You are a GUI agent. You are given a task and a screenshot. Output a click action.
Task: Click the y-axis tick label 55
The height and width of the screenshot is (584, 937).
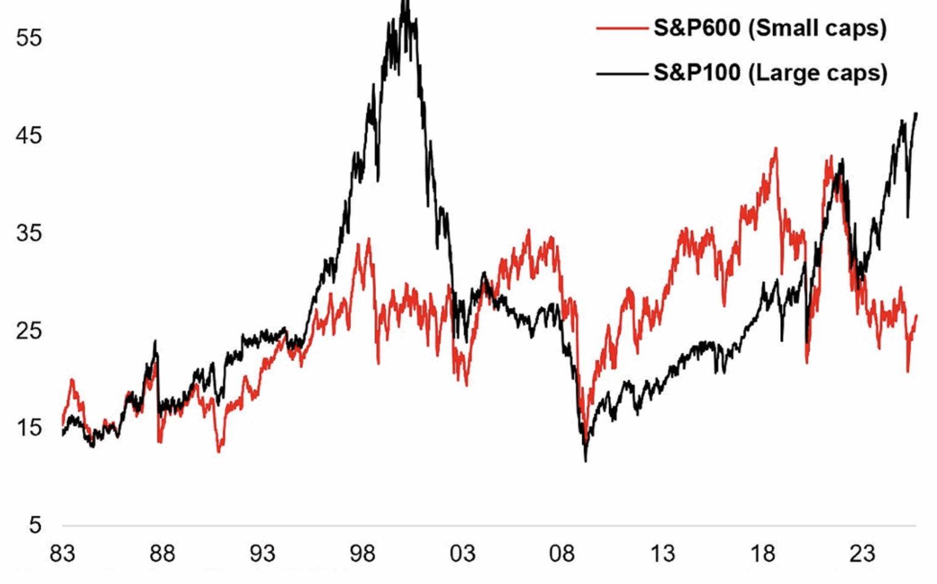(29, 38)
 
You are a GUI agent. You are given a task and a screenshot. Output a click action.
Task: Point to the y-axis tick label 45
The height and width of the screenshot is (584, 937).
(29, 135)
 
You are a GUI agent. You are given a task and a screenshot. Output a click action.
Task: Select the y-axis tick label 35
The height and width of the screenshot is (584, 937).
(29, 233)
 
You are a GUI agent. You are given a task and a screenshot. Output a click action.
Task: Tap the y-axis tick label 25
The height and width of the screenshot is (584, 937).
(29, 330)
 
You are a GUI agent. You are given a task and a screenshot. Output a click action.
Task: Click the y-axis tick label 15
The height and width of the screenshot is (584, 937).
(29, 428)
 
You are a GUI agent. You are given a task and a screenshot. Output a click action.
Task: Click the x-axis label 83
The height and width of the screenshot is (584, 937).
(62, 554)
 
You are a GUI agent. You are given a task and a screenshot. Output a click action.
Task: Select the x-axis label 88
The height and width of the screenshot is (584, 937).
(162, 554)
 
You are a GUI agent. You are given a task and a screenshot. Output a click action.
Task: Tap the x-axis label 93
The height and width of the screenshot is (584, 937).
(262, 554)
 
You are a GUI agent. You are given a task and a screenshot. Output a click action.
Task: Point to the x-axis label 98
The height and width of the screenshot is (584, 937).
(362, 554)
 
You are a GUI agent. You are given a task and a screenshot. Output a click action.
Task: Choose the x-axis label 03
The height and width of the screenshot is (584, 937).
(462, 554)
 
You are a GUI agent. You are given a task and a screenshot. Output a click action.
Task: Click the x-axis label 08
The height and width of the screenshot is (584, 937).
(562, 554)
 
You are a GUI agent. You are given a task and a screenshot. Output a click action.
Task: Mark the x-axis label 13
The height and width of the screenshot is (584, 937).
(662, 554)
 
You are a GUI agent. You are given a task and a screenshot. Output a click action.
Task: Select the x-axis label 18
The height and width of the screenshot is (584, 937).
(763, 554)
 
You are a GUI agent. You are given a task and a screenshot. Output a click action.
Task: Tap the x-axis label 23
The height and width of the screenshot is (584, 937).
(862, 554)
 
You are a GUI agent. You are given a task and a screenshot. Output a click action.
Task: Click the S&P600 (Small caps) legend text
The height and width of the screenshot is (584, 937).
(770, 28)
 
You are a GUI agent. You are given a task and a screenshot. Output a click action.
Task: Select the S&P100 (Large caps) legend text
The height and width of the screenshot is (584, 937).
(770, 73)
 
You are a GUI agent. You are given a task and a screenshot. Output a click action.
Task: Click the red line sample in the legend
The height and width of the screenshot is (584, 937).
(622, 28)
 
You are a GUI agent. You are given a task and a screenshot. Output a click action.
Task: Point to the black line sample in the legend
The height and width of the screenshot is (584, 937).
(622, 74)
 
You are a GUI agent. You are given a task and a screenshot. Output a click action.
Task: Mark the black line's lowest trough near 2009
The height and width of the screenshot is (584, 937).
(586, 460)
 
